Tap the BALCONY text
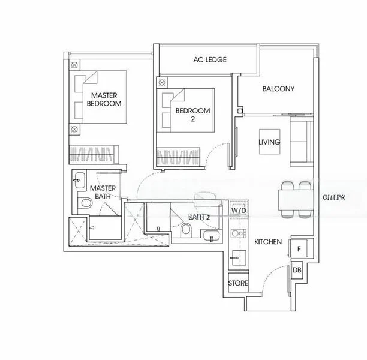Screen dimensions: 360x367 (x=278, y=89)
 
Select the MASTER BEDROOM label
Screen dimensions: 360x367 (x=104, y=100)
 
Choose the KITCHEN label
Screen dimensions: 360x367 (x=267, y=242)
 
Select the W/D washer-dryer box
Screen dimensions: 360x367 (x=238, y=211)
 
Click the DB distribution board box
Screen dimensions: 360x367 (x=297, y=271)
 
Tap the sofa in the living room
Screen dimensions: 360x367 (x=301, y=142)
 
